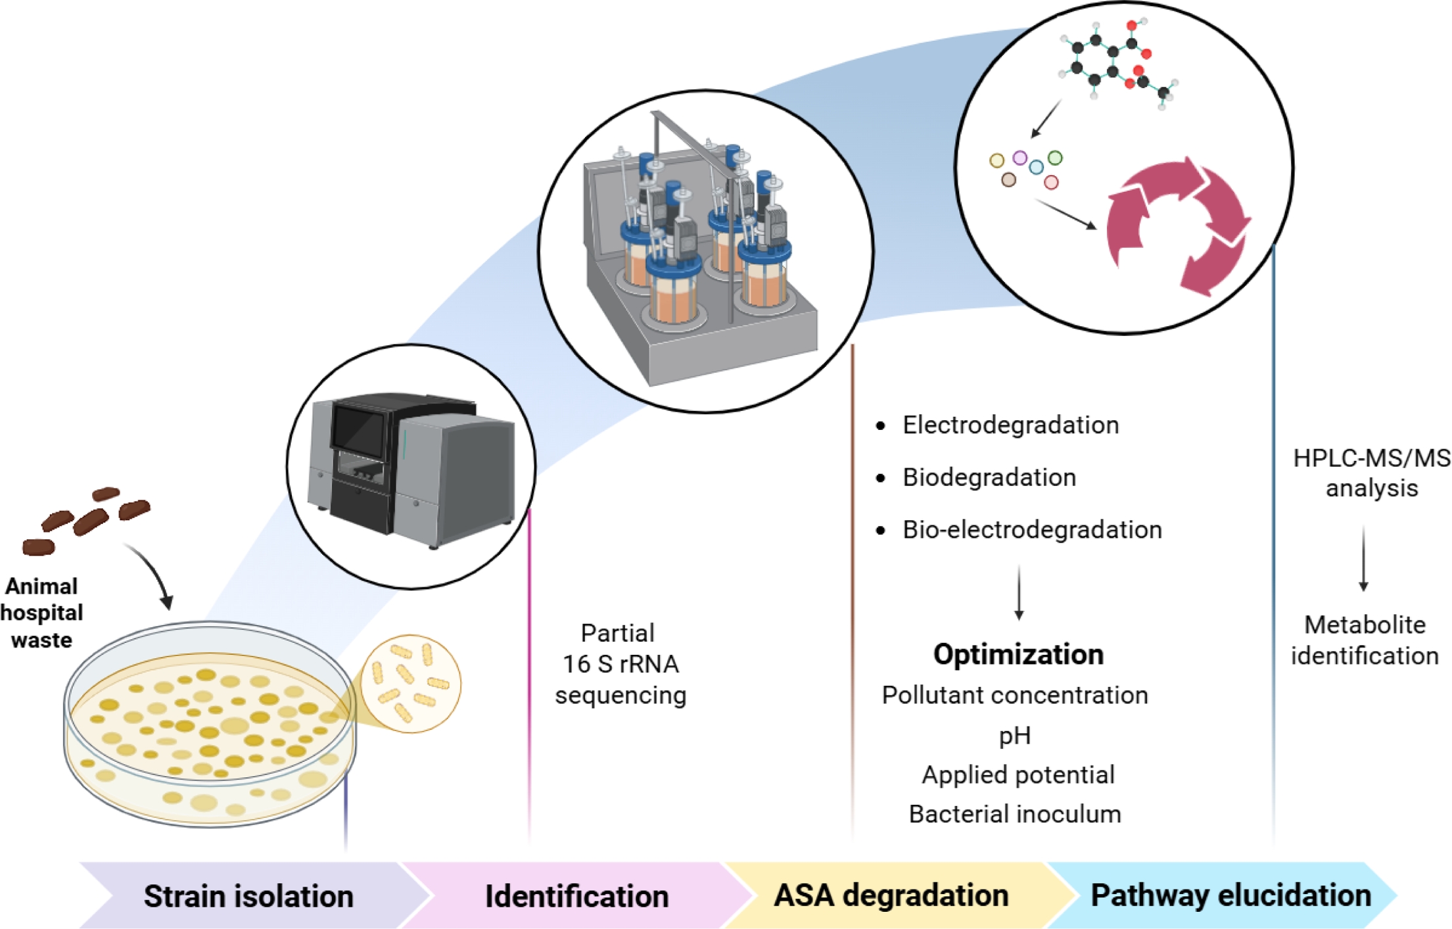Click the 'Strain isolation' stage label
tap(248, 896)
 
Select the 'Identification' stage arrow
tap(576, 896)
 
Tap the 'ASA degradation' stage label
tap(891, 895)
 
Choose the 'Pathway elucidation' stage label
tap(1230, 895)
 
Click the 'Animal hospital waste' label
tap(41, 613)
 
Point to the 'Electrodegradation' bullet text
tap(1010, 425)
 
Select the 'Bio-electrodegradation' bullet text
tap(1032, 530)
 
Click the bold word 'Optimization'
tap(1018, 655)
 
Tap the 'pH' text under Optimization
tap(1015, 736)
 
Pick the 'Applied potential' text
tap(1018, 775)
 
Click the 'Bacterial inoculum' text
tap(1015, 815)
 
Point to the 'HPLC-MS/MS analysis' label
tap(1371, 473)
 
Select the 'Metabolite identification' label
tap(1365, 640)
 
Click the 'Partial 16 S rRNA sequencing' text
tap(620, 664)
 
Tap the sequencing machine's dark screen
tap(358, 428)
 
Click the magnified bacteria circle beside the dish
tap(411, 684)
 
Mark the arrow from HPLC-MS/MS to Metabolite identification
tap(1363, 559)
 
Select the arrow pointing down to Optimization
tap(1019, 592)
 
